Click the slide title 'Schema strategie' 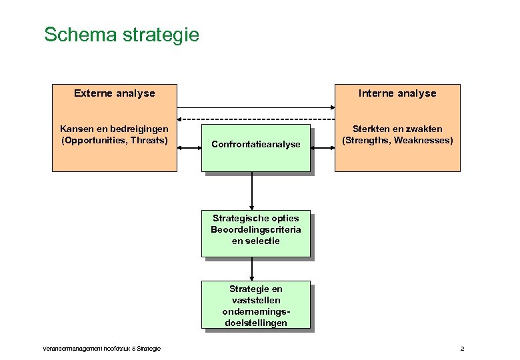pos(121,35)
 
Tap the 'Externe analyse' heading pos(114,93)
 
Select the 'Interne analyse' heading pos(397,93)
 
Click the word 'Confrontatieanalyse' pos(256,144)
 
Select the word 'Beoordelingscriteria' pos(256,229)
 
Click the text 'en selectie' pos(256,241)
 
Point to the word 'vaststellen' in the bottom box pos(256,300)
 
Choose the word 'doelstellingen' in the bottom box pos(256,323)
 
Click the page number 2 pos(462,349)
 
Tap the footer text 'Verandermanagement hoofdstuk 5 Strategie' pos(101,349)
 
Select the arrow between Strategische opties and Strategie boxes pos(252,269)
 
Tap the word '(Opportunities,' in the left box pos(94,140)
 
